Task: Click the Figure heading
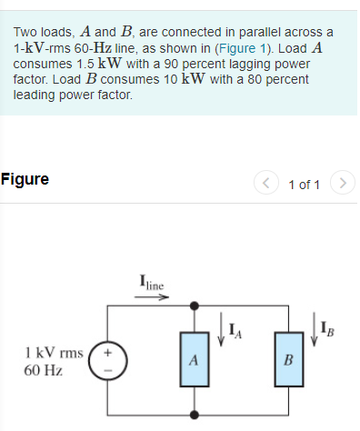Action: pos(25,179)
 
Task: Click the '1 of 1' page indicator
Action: pos(304,185)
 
